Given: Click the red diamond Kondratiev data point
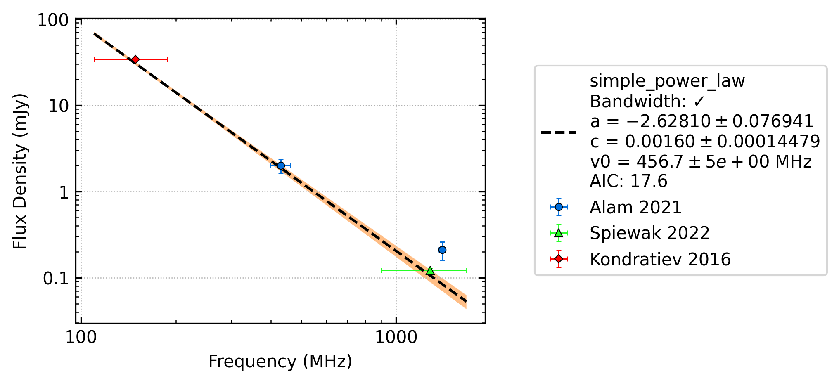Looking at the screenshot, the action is [x=135, y=59].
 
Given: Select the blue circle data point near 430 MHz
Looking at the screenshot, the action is [x=281, y=166].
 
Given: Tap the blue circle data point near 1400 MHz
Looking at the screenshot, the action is [x=442, y=250].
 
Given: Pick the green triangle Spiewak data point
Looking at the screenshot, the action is [x=430, y=270].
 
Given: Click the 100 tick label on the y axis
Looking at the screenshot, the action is [x=53, y=20].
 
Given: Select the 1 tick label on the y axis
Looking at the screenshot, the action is [x=64, y=192].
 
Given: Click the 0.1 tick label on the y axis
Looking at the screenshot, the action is [x=56, y=279].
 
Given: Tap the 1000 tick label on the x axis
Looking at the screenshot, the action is [x=396, y=338].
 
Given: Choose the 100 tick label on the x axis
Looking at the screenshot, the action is [x=81, y=338].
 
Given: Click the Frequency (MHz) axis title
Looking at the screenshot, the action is [x=280, y=362].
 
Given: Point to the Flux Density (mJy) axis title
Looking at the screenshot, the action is [x=20, y=171].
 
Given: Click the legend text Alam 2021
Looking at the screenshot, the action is [x=635, y=207].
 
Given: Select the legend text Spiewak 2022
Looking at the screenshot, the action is [x=649, y=233].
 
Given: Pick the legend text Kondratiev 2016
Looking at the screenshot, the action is [x=660, y=259].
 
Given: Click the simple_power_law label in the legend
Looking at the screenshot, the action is [x=667, y=81].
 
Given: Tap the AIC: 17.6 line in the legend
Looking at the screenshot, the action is [x=628, y=181].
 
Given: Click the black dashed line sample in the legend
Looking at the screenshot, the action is [x=559, y=132].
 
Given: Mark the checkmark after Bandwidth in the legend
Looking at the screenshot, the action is [x=699, y=101].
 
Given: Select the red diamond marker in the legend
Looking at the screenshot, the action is [x=559, y=259].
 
